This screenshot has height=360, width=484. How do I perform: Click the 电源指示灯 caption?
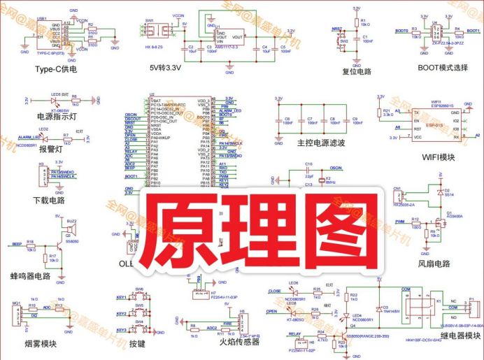[55, 117]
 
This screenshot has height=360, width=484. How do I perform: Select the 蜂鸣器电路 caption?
[31, 276]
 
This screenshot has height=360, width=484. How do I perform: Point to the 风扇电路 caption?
[434, 264]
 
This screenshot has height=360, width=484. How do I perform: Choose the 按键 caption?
[137, 344]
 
